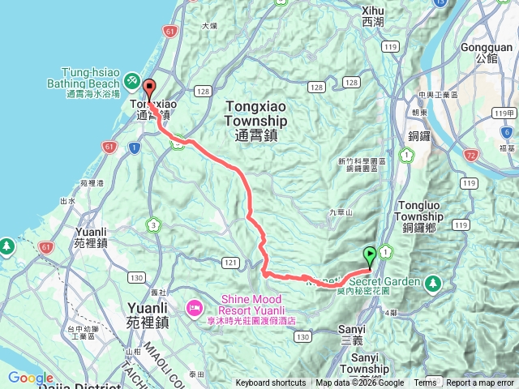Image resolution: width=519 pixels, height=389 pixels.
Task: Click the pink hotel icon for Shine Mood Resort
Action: click(x=195, y=306)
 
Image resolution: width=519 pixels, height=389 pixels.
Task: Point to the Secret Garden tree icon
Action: click(x=433, y=283)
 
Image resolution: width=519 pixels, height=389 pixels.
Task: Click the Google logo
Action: click(x=30, y=378)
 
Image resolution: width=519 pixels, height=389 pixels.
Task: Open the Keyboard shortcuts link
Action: click(x=271, y=383)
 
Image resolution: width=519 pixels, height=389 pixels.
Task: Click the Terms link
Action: click(x=425, y=383)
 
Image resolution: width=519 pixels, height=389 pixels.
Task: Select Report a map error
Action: click(x=481, y=383)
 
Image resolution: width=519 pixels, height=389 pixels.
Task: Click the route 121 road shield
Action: click(x=230, y=262)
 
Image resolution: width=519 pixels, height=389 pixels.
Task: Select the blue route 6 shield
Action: click(x=507, y=131)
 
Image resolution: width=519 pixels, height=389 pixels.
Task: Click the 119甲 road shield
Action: click(x=504, y=113)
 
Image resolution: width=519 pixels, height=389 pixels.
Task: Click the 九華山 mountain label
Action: click(x=341, y=212)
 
